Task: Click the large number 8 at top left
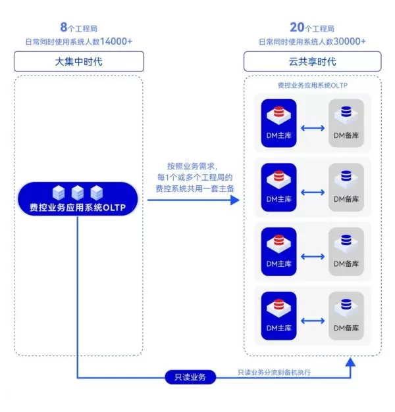pos(64,28)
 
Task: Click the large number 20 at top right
pos(297,28)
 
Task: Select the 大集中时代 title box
pos(79,62)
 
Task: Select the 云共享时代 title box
pos(312,62)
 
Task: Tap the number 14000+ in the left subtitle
pos(115,41)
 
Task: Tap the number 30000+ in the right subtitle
pos(349,41)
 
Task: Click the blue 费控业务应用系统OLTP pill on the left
pos(78,199)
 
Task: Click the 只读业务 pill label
pos(190,377)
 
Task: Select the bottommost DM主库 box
pos(279,316)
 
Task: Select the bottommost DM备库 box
pos(346,316)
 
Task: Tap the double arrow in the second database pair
pos(313,193)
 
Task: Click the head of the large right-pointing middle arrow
pos(235,200)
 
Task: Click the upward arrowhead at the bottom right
pos(351,361)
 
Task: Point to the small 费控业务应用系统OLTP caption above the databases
pos(313,86)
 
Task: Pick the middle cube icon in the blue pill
pos(78,192)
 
